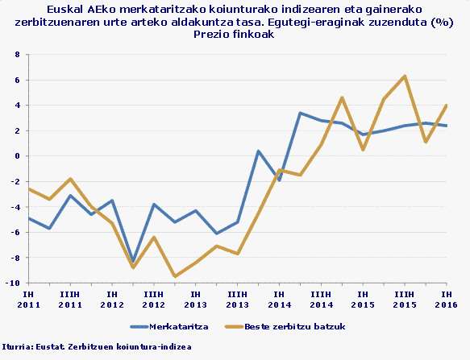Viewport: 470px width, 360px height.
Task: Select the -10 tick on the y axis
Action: tap(14, 283)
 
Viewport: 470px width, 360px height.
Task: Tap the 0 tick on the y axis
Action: tap(17, 156)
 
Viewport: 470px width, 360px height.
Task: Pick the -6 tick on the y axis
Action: tap(15, 233)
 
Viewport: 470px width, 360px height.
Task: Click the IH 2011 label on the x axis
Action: tap(28, 300)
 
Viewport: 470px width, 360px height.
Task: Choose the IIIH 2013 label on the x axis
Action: tap(237, 300)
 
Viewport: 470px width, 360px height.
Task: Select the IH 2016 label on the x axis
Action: tap(447, 300)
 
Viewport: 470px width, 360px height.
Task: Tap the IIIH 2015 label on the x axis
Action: tap(405, 300)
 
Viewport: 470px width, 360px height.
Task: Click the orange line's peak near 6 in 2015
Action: tap(405, 76)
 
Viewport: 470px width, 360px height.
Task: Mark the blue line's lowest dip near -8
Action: tap(133, 262)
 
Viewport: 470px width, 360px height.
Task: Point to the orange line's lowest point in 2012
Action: tap(175, 276)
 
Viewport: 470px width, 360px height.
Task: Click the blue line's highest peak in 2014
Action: tap(300, 113)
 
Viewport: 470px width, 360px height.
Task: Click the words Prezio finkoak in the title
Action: tap(235, 35)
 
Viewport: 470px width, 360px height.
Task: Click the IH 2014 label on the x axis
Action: tap(279, 300)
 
